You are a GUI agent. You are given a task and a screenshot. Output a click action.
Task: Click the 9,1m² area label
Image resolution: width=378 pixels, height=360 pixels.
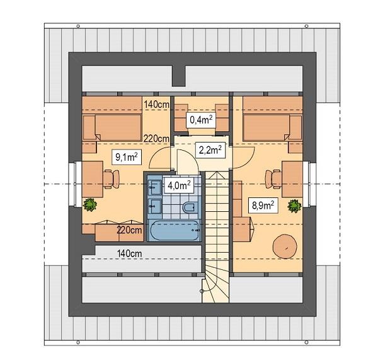[127, 157]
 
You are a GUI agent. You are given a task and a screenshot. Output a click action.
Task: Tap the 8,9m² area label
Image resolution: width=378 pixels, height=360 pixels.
[263, 206]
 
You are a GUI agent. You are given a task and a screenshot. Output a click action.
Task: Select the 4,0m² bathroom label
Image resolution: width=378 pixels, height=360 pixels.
[179, 185]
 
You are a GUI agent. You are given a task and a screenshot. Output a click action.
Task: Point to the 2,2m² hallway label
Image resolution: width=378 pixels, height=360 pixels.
[210, 150]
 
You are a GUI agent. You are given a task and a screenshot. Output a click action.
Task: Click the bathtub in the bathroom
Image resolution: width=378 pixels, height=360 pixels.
[174, 230]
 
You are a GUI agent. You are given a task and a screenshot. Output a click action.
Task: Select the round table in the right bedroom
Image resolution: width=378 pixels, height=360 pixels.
[285, 247]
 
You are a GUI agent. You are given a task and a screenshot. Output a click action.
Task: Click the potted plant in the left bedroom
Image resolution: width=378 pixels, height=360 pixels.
[90, 205]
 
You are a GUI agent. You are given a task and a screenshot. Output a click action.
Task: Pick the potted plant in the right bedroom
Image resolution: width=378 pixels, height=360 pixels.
[294, 206]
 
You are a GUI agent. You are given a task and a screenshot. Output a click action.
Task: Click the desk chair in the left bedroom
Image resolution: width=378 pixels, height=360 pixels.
[111, 179]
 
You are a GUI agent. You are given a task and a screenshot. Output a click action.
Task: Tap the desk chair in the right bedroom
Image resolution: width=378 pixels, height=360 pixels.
[273, 179]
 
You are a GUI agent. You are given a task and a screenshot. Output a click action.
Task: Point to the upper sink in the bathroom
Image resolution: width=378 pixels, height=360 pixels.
[154, 187]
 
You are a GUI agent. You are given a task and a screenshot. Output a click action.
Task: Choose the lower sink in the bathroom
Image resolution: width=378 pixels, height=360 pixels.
[154, 206]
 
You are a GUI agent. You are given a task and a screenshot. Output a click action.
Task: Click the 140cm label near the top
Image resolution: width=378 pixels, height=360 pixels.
[157, 105]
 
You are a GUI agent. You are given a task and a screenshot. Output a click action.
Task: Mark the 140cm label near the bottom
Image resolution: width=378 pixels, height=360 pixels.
[129, 253]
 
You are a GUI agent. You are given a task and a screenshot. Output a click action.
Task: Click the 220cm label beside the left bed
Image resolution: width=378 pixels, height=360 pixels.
[156, 139]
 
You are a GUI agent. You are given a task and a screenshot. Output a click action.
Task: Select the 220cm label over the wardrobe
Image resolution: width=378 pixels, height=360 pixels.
[129, 230]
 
